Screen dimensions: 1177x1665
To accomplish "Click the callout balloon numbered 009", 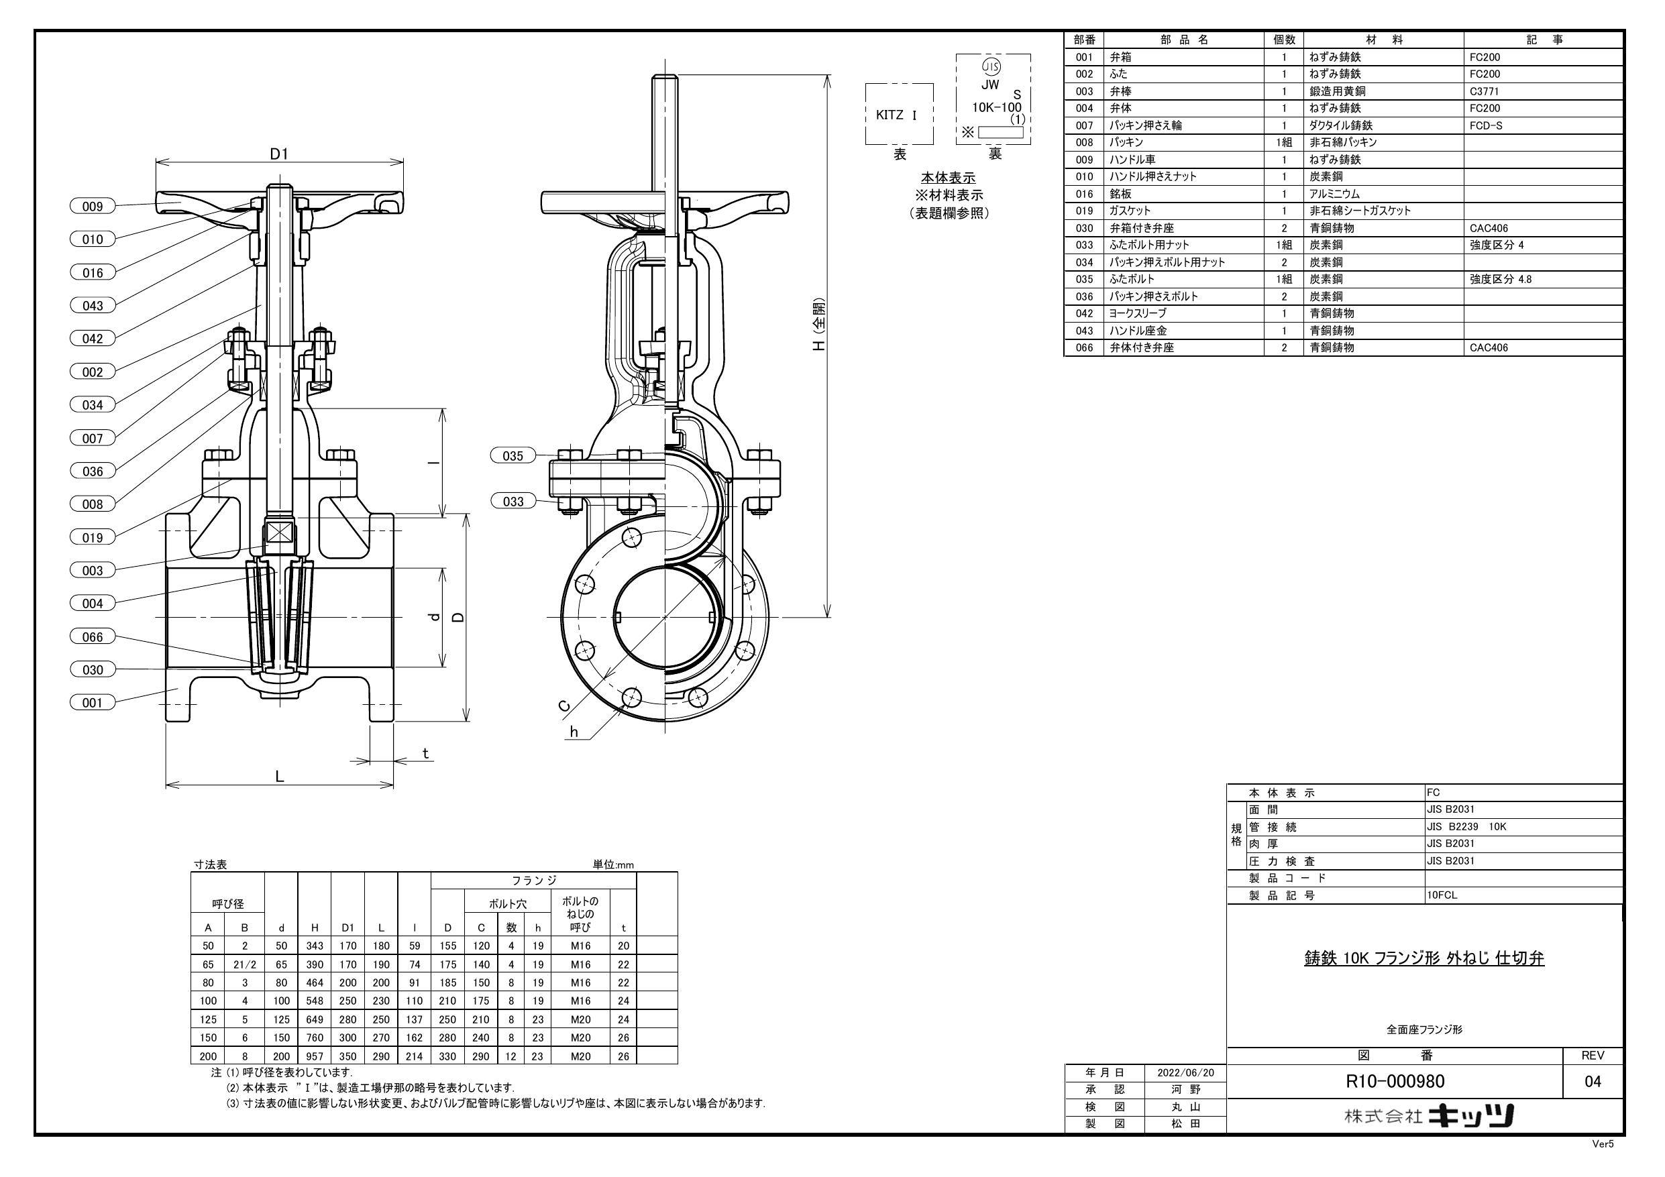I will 92,207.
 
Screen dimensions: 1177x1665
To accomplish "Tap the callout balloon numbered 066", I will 92,636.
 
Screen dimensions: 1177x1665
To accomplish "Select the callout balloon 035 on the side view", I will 513,456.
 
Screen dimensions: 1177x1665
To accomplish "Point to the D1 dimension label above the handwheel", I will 279,154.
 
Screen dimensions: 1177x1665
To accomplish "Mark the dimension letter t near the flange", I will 426,754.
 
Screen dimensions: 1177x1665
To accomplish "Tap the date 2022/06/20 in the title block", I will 1185,1072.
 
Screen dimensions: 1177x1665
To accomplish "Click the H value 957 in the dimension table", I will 315,1056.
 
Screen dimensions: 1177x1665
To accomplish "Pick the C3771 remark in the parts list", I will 1485,91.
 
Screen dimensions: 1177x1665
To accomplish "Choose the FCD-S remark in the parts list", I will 1486,125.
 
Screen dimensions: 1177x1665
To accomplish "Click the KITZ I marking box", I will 898,115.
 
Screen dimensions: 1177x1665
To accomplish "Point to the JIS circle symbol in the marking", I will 990,66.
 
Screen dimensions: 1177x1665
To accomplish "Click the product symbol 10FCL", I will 1442,895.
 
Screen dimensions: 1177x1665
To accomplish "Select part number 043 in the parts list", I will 1084,331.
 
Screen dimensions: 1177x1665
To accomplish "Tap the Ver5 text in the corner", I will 1603,1165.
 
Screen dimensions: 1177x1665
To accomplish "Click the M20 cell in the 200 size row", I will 580,1056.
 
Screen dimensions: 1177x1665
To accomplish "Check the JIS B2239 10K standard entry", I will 1466,827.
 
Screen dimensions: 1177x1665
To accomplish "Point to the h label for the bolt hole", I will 574,732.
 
